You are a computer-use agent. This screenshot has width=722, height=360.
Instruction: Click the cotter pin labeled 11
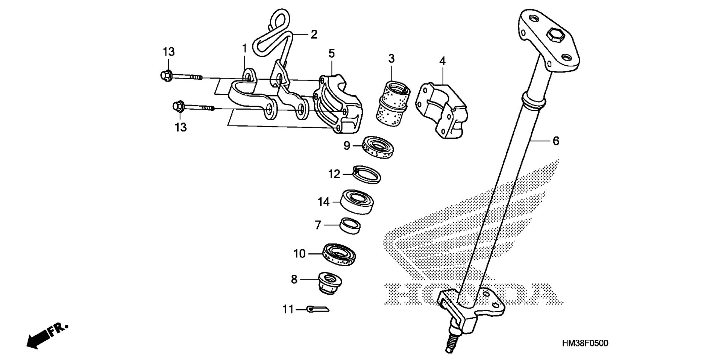click(318, 309)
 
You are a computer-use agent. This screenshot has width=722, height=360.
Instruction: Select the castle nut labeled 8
click(330, 283)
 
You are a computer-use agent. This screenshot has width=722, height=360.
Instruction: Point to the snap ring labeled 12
click(367, 174)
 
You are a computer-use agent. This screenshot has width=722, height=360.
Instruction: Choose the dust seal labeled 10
click(339, 255)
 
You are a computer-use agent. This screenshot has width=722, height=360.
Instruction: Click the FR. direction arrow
click(47, 335)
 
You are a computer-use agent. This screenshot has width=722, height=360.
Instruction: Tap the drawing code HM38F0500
click(585, 343)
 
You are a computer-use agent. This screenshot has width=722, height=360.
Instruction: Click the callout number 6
click(556, 141)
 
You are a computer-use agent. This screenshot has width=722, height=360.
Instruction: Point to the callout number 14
click(324, 202)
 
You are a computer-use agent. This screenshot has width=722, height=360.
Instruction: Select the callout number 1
click(244, 48)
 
